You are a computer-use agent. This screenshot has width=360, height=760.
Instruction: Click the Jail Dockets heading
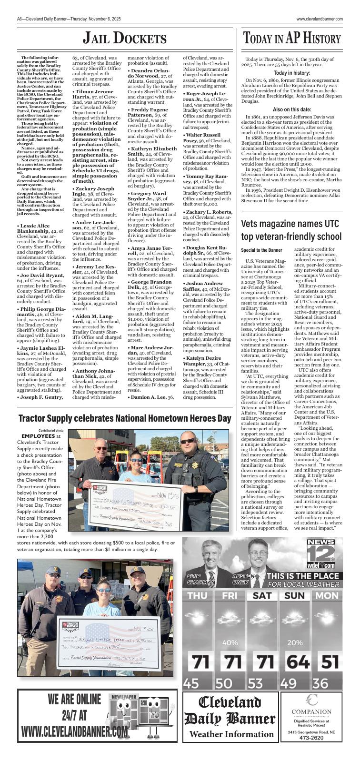point(125,39)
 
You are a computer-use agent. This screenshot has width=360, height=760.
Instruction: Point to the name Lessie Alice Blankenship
point(33,228)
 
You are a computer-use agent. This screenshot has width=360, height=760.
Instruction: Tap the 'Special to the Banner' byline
point(261,250)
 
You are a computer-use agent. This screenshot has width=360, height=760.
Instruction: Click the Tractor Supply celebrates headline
point(125,419)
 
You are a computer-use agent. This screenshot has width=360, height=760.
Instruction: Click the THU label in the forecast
point(197,595)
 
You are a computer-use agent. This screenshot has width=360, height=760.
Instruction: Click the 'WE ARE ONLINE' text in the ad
point(75,700)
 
